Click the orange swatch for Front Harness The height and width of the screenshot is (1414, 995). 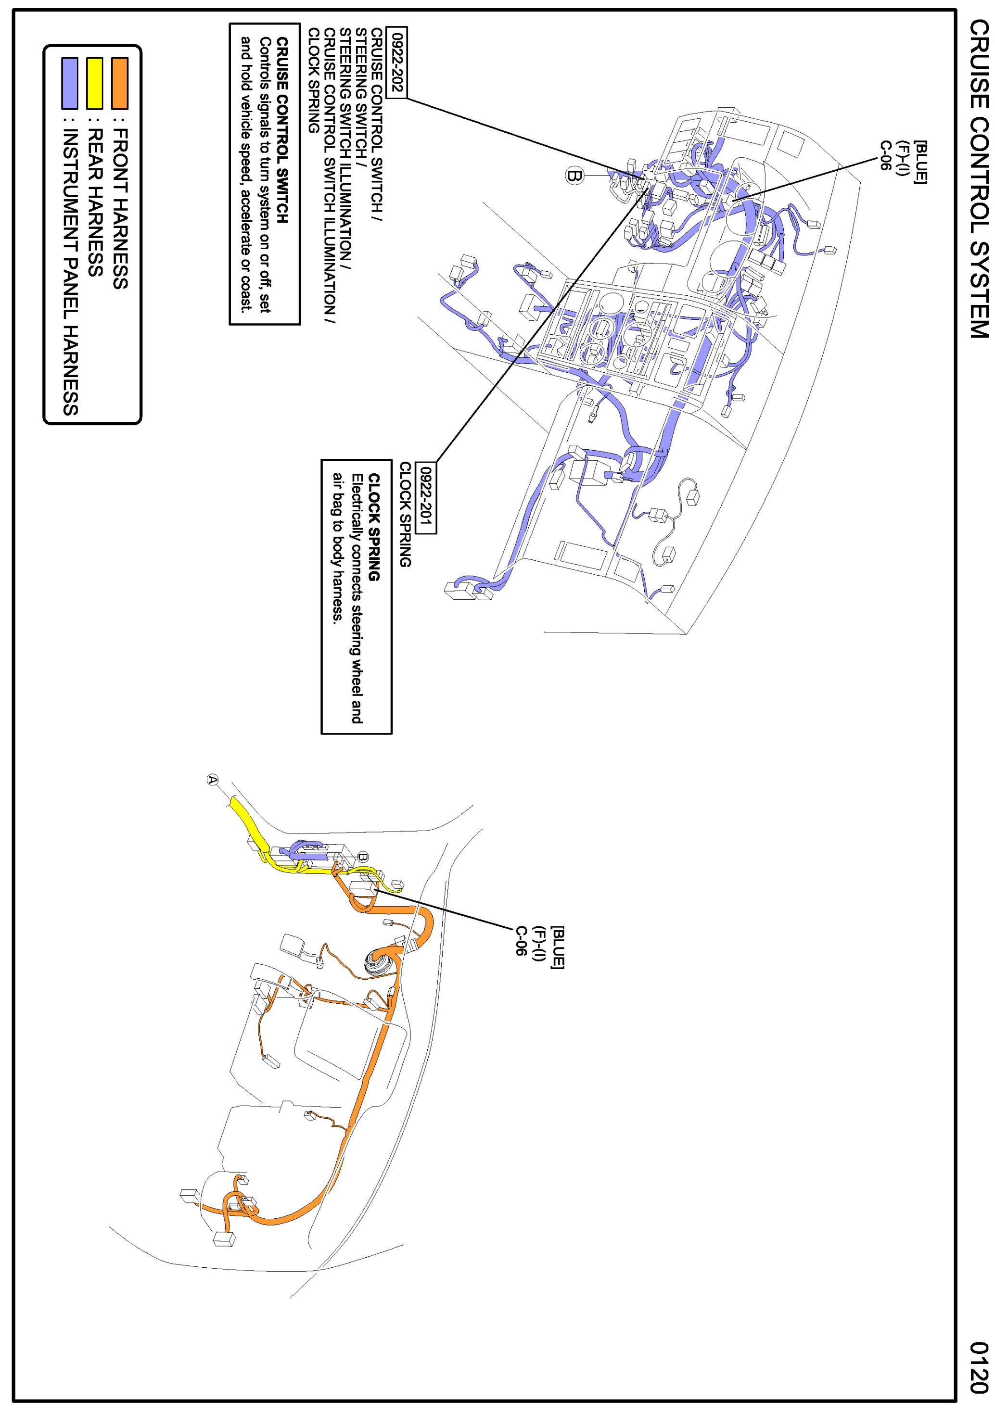click(x=119, y=83)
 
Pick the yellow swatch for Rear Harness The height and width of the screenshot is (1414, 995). click(x=94, y=83)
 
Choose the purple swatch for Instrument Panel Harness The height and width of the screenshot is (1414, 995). click(x=70, y=83)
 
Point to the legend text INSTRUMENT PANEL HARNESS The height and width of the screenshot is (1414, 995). click(x=71, y=271)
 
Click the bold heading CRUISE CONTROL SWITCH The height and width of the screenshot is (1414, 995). click(x=282, y=130)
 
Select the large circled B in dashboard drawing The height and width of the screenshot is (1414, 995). click(x=574, y=176)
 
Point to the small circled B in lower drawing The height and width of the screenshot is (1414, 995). click(x=363, y=857)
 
